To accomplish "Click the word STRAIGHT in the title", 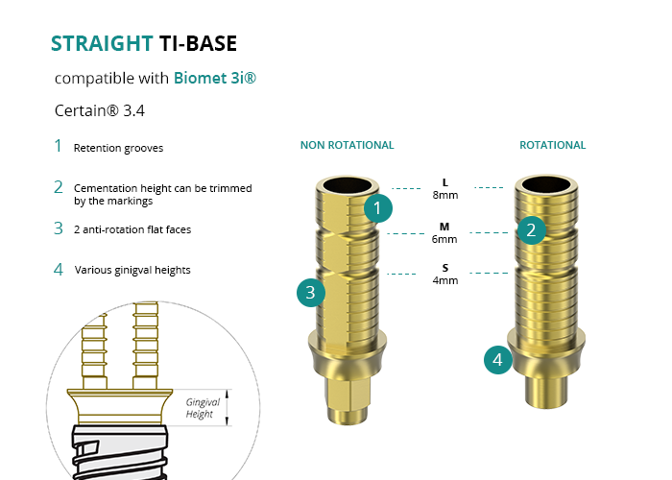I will coord(101,43).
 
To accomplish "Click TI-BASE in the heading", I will coord(198,43).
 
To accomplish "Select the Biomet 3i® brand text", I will coord(215,78).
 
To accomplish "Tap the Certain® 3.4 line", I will coord(100,110).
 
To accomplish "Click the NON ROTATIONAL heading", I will coord(347,146).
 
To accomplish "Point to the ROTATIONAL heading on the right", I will coord(552,146).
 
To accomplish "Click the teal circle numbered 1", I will coord(378,207).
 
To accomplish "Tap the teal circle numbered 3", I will coord(310,294).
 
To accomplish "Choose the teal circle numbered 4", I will coord(496,360).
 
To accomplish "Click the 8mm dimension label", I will coord(444,195).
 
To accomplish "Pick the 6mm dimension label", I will coord(444,239).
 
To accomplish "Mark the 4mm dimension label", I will coord(444,280).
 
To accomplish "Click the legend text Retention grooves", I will coord(118,149).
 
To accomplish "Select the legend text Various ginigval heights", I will coord(132,270).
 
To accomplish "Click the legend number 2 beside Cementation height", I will coord(59,187).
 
